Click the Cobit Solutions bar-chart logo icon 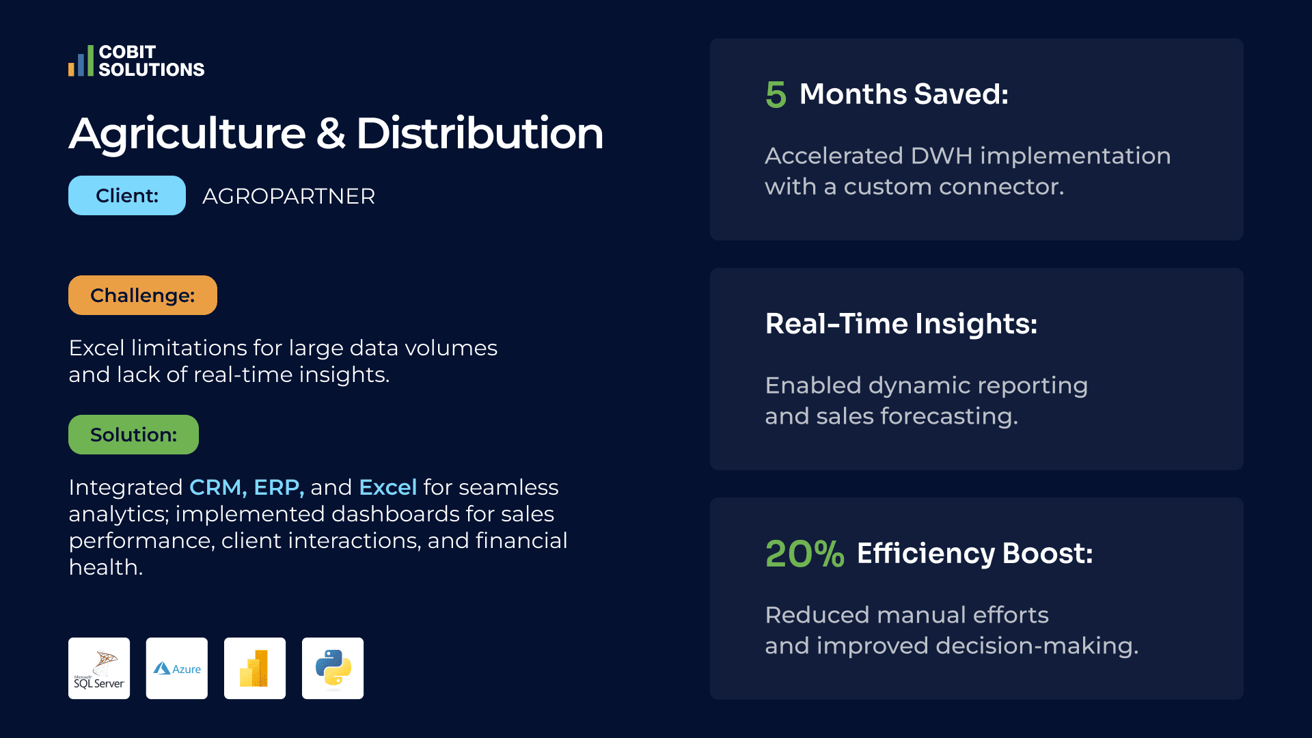(81, 61)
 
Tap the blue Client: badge (127, 195)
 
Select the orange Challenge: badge (143, 295)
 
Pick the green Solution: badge (133, 435)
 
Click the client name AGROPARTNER (288, 196)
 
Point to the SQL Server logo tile (99, 668)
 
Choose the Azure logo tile (177, 668)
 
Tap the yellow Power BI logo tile (255, 668)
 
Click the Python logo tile (333, 668)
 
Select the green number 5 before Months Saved (776, 94)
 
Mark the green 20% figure (805, 553)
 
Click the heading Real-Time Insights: (901, 323)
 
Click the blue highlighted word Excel (387, 487)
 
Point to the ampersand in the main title (331, 133)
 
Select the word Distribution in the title (480, 133)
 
